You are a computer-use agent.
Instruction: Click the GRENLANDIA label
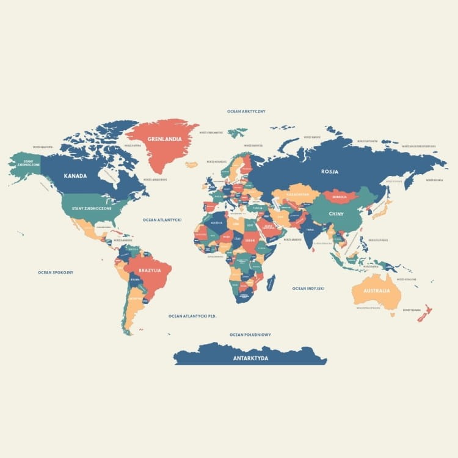coord(164,139)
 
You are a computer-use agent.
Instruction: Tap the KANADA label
coord(75,176)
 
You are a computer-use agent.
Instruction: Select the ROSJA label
coord(330,172)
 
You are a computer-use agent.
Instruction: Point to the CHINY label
coord(336,214)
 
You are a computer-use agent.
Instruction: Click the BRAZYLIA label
coord(150,270)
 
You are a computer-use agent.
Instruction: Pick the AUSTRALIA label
coord(377,291)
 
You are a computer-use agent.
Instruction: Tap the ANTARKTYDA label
coord(250,358)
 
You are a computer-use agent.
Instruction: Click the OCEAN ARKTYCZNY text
coord(246,112)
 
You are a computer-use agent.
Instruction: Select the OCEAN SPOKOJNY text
coord(56,272)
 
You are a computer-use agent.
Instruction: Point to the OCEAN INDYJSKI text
coord(308,288)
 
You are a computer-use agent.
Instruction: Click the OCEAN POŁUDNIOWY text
coord(250,335)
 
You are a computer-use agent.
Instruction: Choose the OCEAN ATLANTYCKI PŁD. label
coord(193,316)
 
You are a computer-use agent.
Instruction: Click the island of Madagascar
coord(271,282)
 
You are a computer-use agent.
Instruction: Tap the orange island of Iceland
coord(192,164)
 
